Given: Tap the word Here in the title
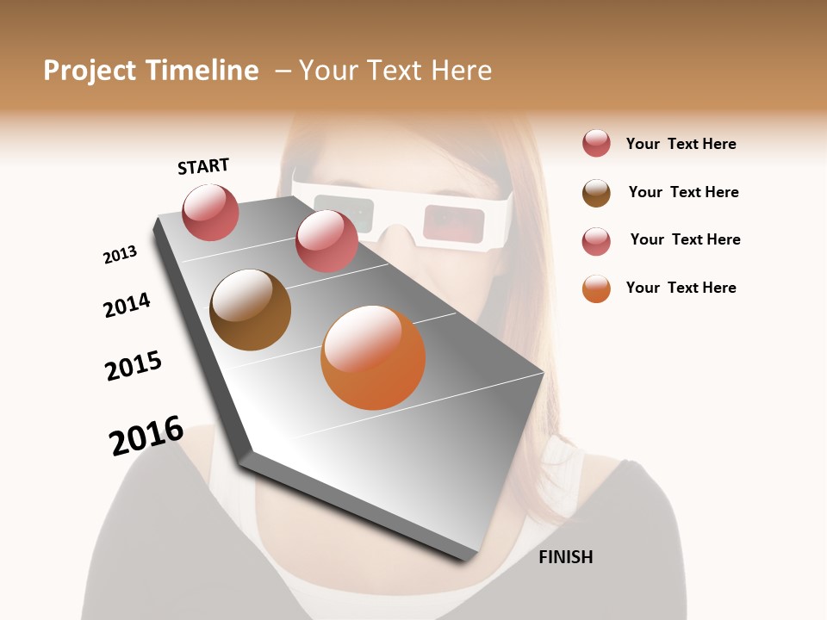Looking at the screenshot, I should pos(461,71).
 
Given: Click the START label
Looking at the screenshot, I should pos(203,166).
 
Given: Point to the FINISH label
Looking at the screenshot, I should pos(565,557).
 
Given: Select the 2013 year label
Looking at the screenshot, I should pos(120,255).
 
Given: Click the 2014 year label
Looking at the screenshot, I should pos(127,305).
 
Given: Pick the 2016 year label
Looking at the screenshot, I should pos(146,436).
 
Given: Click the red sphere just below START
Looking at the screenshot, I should pos(210,213).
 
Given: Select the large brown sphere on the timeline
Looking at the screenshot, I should pos(250,310).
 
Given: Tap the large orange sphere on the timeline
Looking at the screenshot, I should pos(373,357).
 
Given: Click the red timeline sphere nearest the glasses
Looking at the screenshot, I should pos(326,241).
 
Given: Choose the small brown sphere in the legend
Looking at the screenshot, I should pos(596,193).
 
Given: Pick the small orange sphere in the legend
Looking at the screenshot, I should pos(596,288).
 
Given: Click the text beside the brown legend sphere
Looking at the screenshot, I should pos(683,192).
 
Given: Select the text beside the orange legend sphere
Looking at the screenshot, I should pos(681,288).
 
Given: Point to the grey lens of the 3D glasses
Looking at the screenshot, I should pos(344,214).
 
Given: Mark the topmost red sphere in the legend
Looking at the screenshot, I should pos(596,144).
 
